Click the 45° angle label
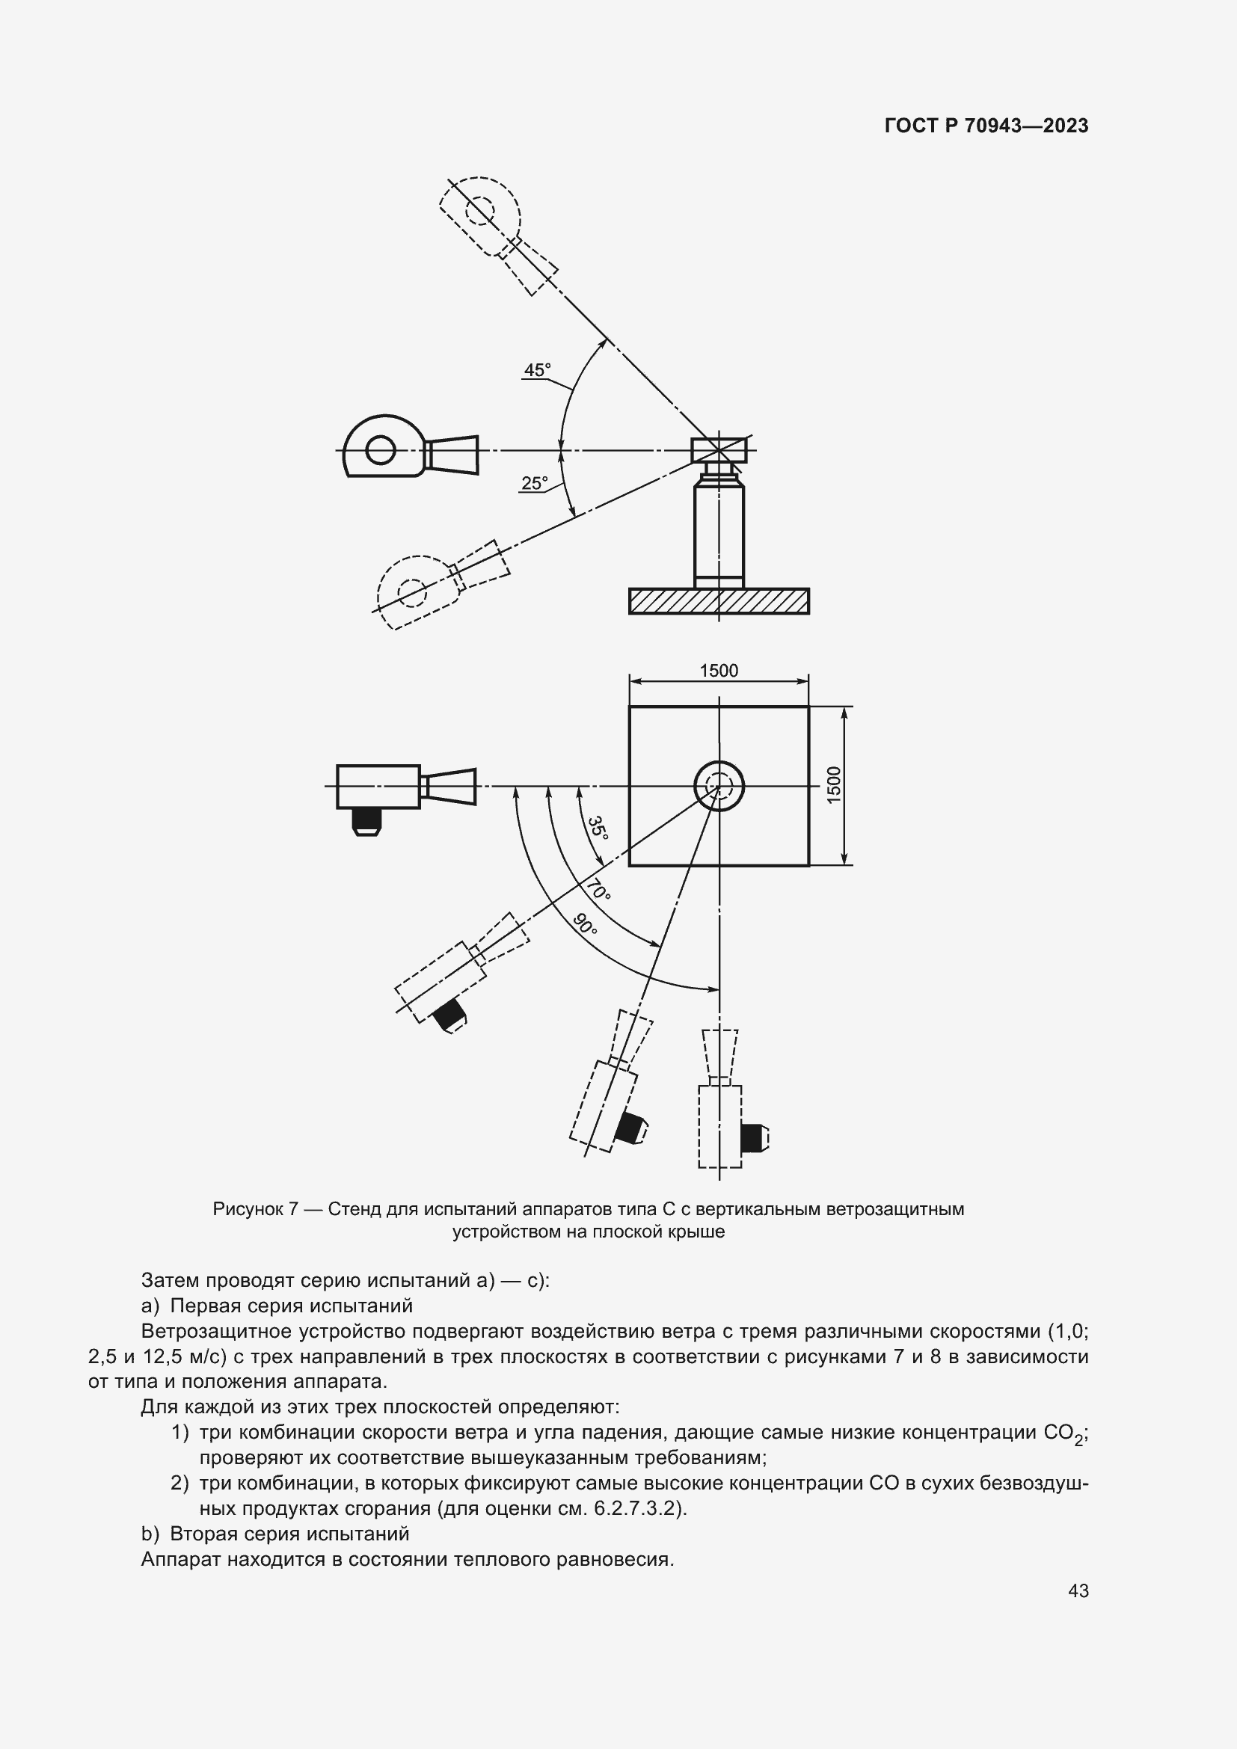coord(536,370)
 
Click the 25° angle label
coord(534,483)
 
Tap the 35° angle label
coord(598,829)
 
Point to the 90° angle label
coord(585,924)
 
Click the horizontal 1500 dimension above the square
coord(718,670)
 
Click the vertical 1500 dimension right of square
coord(834,784)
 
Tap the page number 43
coord(1078,1590)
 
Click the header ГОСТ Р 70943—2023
coord(986,126)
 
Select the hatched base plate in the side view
coord(718,601)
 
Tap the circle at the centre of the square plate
coord(718,786)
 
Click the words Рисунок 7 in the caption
coord(254,1209)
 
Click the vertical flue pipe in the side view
coord(718,533)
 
